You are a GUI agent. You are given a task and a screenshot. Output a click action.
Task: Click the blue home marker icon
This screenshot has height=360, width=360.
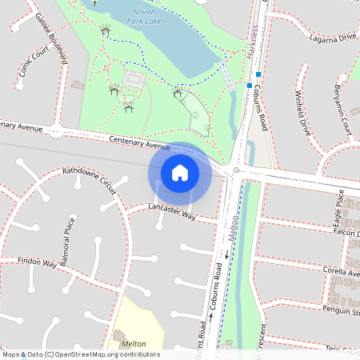180,172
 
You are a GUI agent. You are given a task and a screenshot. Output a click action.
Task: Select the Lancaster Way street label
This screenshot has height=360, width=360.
172,210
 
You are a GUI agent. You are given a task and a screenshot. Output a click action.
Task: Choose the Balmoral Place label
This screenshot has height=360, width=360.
68,235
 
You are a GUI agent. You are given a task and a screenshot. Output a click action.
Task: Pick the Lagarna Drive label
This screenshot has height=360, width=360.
329,38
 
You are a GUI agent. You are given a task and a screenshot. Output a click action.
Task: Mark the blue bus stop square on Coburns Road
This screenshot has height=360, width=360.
250,85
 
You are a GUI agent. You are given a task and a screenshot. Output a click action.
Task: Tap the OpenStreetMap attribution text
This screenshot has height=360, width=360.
80,354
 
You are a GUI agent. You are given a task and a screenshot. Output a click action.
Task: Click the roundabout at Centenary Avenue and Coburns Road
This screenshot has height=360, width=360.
235,170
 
